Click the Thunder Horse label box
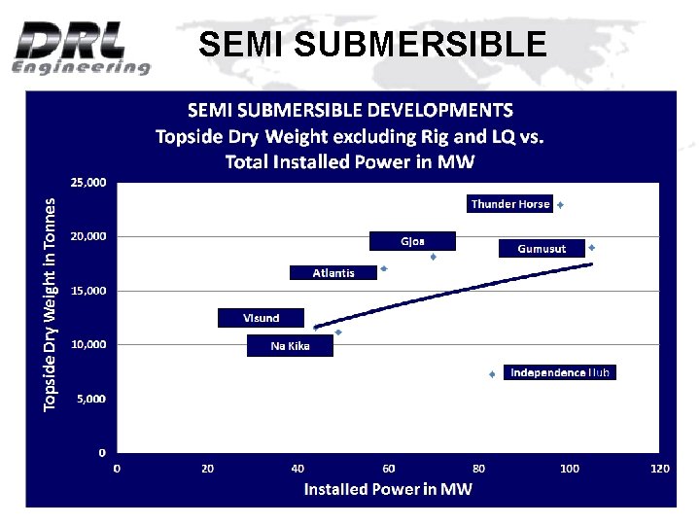tap(510, 204)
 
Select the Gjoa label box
tap(412, 241)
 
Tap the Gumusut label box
tap(542, 249)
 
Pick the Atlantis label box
tap(333, 273)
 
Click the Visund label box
tap(261, 318)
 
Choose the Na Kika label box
tap(290, 346)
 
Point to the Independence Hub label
tap(560, 372)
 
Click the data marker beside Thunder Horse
tap(561, 205)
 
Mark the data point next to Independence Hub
tap(492, 373)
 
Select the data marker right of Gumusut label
tap(591, 247)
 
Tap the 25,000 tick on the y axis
tap(87, 182)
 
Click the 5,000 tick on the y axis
tap(91, 399)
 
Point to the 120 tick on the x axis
tap(659, 469)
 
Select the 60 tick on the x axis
tap(389, 469)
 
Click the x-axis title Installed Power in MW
tap(388, 489)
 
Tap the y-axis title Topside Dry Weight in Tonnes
tap(51, 304)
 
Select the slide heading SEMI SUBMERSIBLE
tap(372, 44)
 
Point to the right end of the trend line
tap(591, 263)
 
